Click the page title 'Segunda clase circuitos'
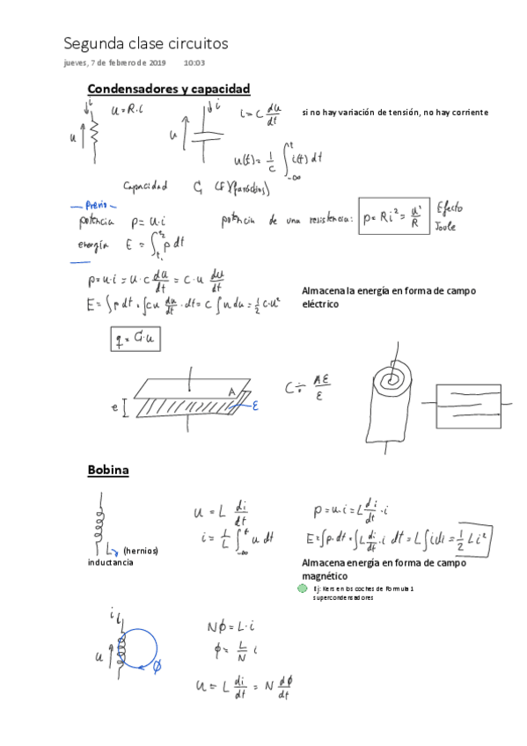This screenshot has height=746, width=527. [145, 42]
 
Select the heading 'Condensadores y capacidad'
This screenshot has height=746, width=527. [169, 89]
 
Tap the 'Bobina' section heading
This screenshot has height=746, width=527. [108, 470]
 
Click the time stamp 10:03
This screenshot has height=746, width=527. [194, 63]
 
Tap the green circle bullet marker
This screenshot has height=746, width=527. [304, 589]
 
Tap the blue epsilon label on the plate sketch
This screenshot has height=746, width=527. [256, 406]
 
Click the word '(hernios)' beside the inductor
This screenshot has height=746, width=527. [141, 551]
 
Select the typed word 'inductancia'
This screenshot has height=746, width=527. [110, 562]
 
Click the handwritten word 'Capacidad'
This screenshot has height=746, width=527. [145, 186]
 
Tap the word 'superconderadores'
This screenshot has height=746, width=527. [343, 598]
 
